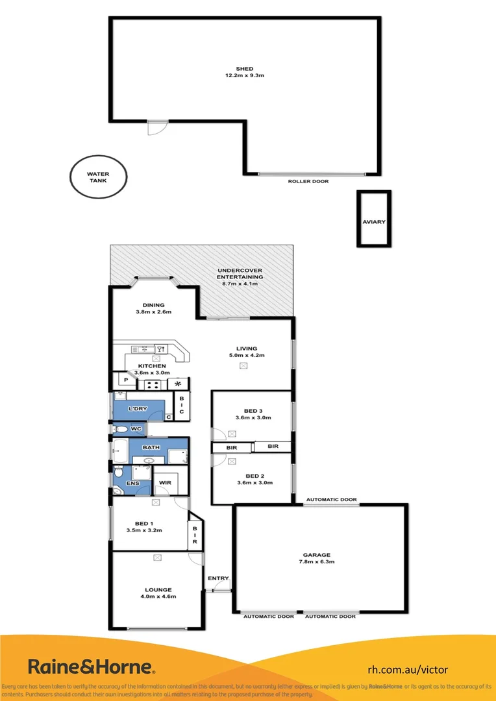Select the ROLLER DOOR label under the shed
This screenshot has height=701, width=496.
coord(308,182)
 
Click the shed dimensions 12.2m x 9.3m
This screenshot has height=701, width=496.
coord(244,76)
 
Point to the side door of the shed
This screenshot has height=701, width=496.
coord(156,127)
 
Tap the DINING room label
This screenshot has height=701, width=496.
coord(151,305)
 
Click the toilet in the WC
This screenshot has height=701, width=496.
coord(120,429)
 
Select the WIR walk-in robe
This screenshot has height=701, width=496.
coord(165,482)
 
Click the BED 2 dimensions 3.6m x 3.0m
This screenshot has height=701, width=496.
coord(254,483)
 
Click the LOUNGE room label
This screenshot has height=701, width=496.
coord(158,589)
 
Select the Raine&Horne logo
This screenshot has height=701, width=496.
coord(91,666)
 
